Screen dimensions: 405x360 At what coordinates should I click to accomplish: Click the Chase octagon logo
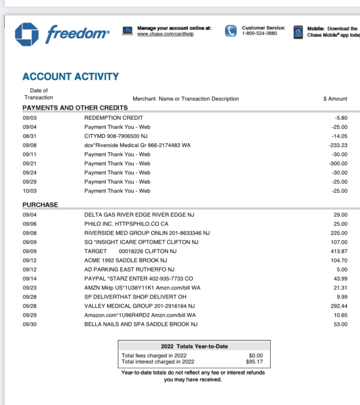point(27,34)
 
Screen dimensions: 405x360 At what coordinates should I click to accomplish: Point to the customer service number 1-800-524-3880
point(259,33)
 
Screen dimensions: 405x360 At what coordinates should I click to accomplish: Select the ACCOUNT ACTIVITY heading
point(70,76)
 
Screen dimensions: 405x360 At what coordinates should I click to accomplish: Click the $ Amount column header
point(335,99)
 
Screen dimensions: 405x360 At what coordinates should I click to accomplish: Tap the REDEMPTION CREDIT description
point(113,118)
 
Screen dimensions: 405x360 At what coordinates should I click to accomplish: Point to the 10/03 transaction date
point(30,191)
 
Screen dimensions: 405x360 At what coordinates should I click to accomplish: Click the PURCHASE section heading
point(40,205)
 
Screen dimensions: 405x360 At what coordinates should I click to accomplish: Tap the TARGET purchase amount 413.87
point(339,251)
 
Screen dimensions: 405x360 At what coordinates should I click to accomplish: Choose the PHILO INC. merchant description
point(126,224)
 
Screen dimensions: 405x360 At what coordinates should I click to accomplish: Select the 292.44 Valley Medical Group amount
point(339,306)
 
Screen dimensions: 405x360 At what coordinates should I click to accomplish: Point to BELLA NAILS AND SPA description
point(141,324)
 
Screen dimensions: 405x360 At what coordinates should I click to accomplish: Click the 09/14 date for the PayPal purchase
point(30,279)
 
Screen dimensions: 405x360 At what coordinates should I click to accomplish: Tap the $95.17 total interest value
point(254,362)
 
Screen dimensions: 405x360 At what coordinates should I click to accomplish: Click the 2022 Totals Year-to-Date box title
point(194,346)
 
